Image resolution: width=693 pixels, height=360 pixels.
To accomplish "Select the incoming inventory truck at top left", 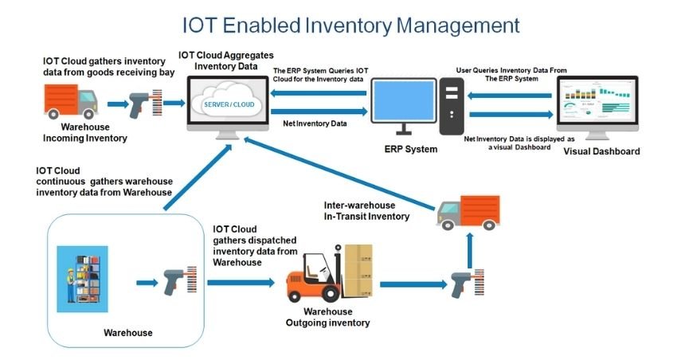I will (70, 102).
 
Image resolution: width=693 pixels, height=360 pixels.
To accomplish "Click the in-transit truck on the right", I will (470, 210).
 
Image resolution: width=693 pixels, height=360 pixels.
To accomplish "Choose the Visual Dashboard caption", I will (601, 151).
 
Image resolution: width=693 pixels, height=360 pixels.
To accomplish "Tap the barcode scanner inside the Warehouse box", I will (182, 281).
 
